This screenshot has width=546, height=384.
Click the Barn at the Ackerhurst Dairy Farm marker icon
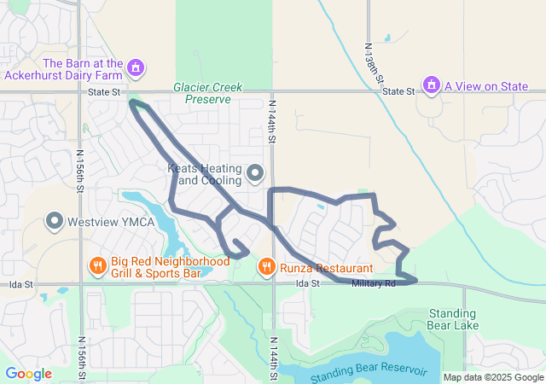135,67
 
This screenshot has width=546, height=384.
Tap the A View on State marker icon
432,85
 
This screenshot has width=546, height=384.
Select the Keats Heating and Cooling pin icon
255,175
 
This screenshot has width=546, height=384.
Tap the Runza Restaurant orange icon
266,266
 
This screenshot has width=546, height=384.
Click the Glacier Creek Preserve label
207,93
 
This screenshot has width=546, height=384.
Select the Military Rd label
375,283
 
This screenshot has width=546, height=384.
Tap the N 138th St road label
375,65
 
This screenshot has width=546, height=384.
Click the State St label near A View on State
398,91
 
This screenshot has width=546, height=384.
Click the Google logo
28,374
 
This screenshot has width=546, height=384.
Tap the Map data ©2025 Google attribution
493,377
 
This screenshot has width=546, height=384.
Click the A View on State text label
486,86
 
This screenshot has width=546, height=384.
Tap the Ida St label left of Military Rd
307,283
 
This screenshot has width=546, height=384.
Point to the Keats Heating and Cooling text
204,175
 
